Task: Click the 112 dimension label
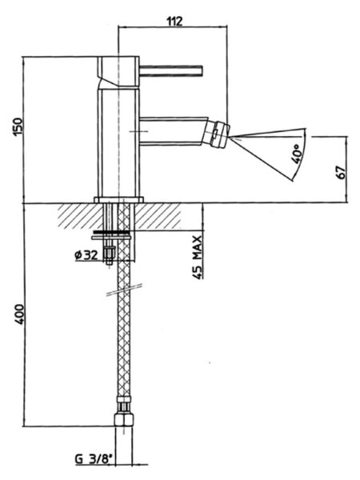coord(174,21)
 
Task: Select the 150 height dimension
coord(18,127)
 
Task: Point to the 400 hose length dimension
coord(19,314)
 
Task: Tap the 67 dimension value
coord(341,173)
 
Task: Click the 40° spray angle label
coord(296,155)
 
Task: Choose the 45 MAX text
coord(198,257)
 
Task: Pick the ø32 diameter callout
coord(86,254)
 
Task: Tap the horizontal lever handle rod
coord(171,70)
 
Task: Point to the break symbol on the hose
coord(124,290)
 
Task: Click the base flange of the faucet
coord(118,200)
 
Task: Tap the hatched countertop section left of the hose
coord(80,216)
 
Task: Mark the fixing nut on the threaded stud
coord(110,253)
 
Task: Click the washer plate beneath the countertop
coord(111,238)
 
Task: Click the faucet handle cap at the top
coord(118,71)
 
